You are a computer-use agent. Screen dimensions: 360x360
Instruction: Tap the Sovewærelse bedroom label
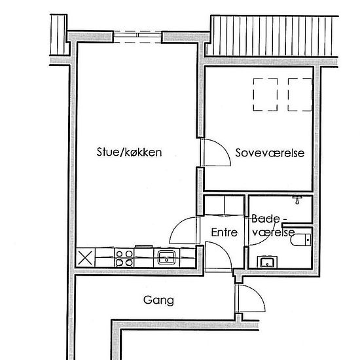(270, 153)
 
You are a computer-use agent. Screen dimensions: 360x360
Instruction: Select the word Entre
(223, 232)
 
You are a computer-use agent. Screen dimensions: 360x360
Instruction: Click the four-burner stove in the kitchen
(124, 257)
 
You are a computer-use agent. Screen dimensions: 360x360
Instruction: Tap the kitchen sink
(167, 257)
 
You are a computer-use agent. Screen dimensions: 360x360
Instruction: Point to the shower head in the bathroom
(297, 198)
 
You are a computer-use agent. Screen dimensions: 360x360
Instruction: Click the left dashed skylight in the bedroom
(265, 94)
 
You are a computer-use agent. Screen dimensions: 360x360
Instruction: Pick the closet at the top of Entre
(225, 206)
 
